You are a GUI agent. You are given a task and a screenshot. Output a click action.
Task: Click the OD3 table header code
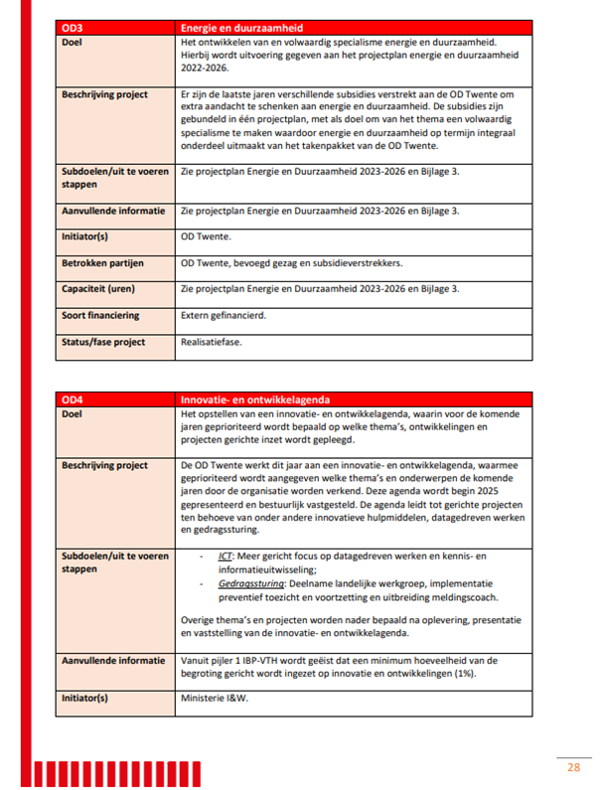[x=72, y=26]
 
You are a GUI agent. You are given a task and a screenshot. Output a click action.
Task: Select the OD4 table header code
[x=72, y=398]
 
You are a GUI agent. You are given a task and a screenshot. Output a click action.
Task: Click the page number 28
[x=573, y=767]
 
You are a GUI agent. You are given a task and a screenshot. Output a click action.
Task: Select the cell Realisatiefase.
[x=213, y=342]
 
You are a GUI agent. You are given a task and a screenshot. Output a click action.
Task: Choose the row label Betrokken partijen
[x=102, y=263]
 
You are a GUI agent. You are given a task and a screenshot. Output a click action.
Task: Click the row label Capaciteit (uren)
[x=100, y=289]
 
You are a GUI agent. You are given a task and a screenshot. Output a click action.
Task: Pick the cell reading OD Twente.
[x=206, y=237]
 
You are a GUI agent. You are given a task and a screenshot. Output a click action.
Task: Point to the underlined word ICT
[x=225, y=555]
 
